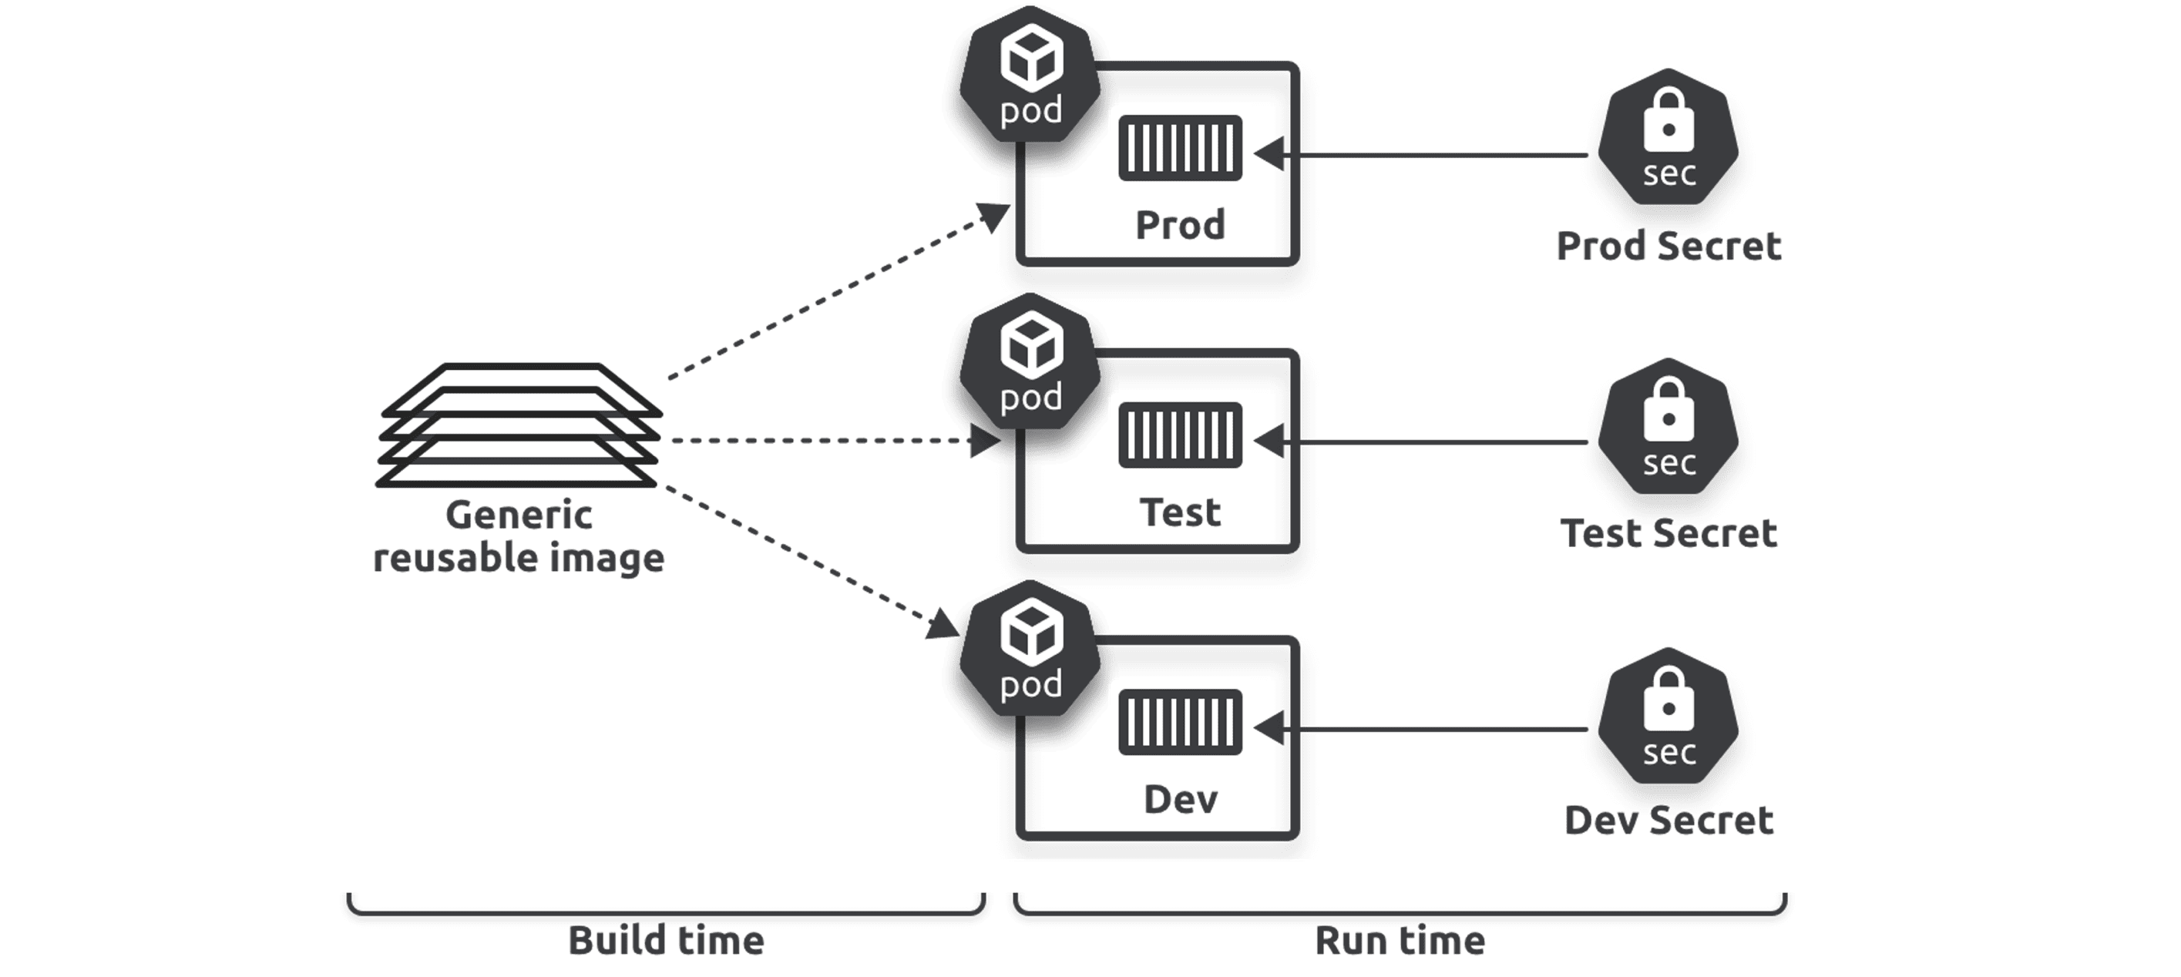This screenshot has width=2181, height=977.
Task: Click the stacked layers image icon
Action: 518,426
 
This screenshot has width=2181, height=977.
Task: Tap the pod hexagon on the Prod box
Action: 1030,76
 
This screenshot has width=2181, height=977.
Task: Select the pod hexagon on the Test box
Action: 1030,364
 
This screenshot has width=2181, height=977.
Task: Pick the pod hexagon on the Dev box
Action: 1030,651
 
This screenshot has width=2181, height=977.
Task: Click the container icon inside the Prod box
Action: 1179,148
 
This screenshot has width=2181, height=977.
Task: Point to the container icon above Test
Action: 1179,435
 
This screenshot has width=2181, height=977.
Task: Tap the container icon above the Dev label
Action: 1179,722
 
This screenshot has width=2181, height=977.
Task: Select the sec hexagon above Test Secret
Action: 1668,428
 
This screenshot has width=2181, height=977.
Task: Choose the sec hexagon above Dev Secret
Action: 1668,717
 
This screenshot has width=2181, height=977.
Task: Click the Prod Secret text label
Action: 1668,247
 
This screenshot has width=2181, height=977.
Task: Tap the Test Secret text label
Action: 1668,533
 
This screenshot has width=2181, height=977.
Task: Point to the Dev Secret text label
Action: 1668,821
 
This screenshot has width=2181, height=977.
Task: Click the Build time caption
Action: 666,941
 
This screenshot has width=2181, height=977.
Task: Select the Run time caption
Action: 1400,941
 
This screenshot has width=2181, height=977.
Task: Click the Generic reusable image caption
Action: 518,536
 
